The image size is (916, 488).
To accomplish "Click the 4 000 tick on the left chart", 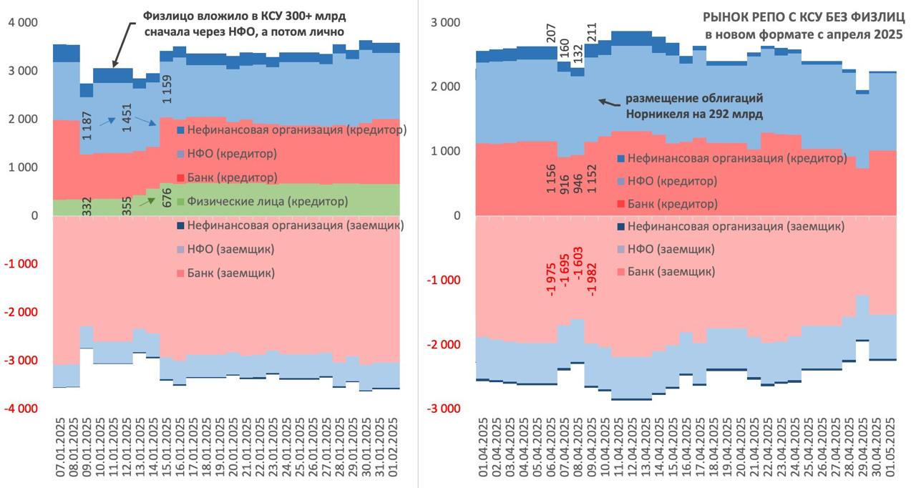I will point(23,22).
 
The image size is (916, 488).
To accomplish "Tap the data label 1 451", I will point(127,117).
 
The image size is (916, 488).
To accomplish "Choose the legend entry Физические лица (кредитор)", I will point(263,202).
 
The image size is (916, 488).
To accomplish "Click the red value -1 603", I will point(578,271).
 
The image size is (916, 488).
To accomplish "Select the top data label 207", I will point(551,33).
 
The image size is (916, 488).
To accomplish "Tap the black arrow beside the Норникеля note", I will point(606,102).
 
